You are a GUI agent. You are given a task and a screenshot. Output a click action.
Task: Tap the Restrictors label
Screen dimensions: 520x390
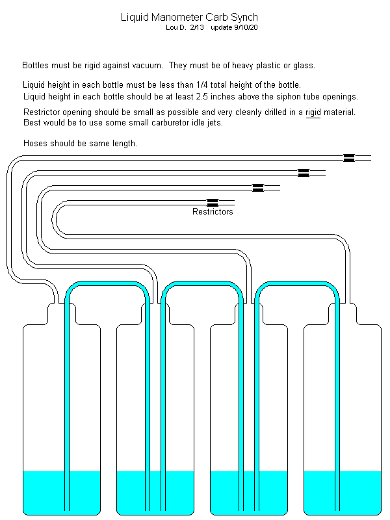pyautogui.click(x=213, y=211)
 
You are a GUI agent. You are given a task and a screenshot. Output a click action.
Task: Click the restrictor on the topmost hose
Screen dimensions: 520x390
pyautogui.click(x=349, y=157)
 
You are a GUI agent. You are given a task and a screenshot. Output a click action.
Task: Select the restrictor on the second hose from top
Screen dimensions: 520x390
pyautogui.click(x=303, y=172)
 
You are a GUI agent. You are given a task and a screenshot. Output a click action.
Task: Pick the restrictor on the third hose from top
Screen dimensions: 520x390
pyautogui.click(x=258, y=187)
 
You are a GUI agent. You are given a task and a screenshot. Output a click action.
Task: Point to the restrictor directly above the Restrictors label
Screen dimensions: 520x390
pyautogui.click(x=212, y=202)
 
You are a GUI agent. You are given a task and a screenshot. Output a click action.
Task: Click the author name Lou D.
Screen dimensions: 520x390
pyautogui.click(x=177, y=27)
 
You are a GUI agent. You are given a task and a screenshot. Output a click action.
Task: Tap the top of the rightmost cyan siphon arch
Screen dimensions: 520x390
pyautogui.click(x=294, y=285)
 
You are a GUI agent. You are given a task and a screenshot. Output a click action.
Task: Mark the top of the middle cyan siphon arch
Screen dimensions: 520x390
pyautogui.click(x=200, y=285)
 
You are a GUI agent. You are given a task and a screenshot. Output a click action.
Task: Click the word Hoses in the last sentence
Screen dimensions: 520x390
pyautogui.click(x=35, y=143)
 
